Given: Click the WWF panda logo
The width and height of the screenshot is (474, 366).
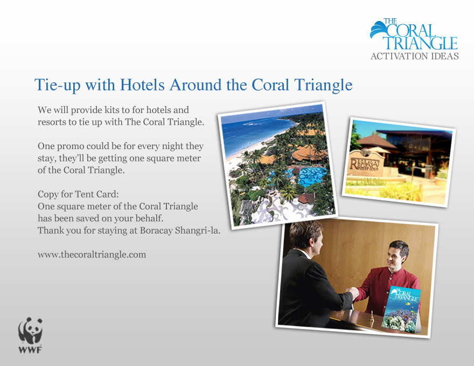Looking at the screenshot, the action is [30, 335].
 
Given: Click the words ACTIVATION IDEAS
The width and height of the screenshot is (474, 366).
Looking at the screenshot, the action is [414, 56].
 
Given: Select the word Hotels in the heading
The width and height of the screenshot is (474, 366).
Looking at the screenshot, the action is [142, 85].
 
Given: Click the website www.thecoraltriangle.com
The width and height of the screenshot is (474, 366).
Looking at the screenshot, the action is [92, 255].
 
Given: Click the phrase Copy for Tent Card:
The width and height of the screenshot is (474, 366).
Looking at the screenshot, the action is [78, 194].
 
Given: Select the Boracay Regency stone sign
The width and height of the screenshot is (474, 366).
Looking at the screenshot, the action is [365, 163].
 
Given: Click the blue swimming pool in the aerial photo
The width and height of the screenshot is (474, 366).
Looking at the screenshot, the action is [311, 177].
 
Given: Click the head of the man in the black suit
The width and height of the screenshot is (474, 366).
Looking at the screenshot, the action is [306, 238].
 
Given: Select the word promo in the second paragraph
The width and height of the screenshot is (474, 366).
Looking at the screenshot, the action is [71, 146].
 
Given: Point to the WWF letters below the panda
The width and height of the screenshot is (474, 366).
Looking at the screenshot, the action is [30, 350].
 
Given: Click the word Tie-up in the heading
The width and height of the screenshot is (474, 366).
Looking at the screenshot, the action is [58, 85].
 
